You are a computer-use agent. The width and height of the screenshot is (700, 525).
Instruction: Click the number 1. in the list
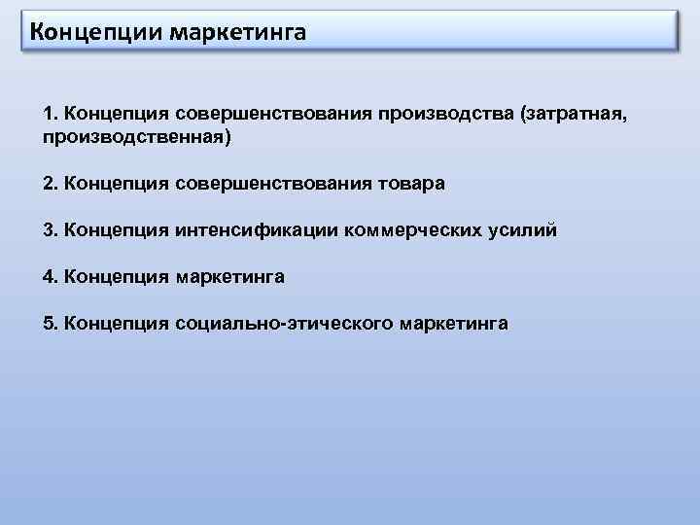pos(50,116)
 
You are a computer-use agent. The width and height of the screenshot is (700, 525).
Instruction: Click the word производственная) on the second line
pos(137,139)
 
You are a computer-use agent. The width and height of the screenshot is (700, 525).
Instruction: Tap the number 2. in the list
pos(50,184)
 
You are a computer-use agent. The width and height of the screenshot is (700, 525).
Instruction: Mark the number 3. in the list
pos(50,230)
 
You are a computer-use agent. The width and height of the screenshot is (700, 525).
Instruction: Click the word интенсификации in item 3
pos(257,230)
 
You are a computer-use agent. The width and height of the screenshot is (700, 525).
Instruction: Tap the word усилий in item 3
pos(528,230)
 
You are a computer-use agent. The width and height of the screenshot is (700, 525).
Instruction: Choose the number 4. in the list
pos(50,277)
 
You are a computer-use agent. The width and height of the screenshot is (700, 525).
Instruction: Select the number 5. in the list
pos(50,324)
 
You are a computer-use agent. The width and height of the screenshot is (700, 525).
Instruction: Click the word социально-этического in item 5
pos(283,324)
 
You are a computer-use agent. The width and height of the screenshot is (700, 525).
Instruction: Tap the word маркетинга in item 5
pos(452,324)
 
